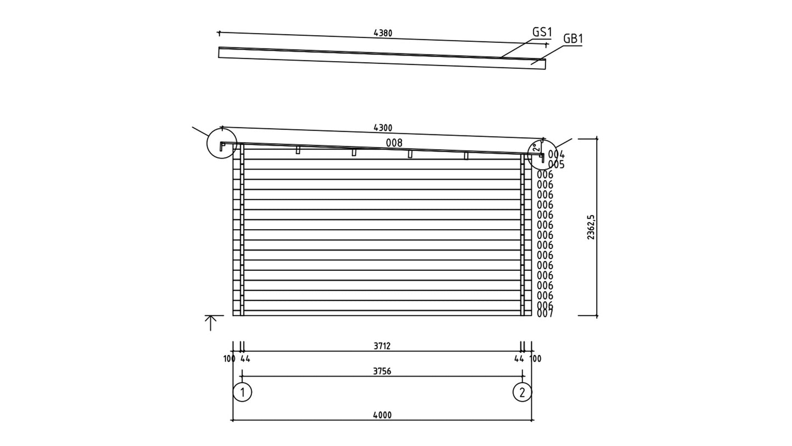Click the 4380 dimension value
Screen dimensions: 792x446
[x=383, y=33]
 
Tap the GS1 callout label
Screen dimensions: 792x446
[x=542, y=32]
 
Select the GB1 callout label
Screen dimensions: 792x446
[x=573, y=39]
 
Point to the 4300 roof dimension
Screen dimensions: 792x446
[x=383, y=128]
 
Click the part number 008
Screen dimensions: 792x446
[x=394, y=143]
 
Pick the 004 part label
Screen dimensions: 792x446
[x=557, y=155]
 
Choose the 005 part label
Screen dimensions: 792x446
[x=557, y=165]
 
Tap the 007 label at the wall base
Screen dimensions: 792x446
[x=545, y=313]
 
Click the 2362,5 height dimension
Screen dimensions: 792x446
[x=591, y=227]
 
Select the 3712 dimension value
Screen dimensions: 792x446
[x=382, y=346]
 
